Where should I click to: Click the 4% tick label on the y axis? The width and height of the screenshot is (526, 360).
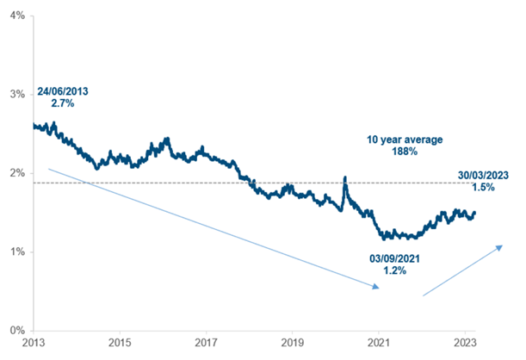coord(15,16)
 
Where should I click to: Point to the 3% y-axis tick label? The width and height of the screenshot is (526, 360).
coord(15,94)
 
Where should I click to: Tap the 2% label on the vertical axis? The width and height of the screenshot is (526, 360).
coord(15,173)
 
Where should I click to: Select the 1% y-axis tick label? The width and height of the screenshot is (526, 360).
coord(15,251)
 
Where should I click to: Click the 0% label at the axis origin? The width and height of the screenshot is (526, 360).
coord(15,330)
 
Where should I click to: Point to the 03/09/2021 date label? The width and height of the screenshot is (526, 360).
coord(385,257)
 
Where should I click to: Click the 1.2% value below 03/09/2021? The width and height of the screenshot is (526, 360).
coord(386,270)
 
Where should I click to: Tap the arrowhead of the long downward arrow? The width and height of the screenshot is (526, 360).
coord(376,287)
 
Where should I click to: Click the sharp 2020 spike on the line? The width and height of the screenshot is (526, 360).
coord(345,178)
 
